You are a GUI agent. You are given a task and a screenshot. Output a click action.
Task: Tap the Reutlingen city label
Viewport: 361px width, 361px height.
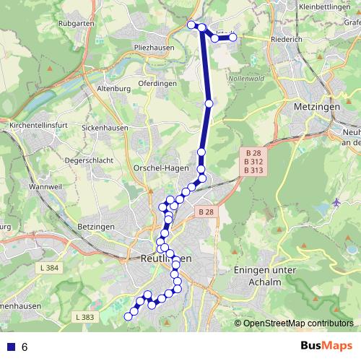pyautogui.click(x=167, y=258)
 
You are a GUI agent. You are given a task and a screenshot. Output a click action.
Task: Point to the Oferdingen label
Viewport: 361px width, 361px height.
pyautogui.click(x=157, y=83)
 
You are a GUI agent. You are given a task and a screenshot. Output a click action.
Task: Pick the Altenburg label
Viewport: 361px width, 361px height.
pyautogui.click(x=112, y=89)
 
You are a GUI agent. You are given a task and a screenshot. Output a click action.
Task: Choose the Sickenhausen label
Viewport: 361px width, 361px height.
pyautogui.click(x=105, y=128)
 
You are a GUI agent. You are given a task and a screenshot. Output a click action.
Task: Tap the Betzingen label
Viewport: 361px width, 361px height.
pyautogui.click(x=95, y=227)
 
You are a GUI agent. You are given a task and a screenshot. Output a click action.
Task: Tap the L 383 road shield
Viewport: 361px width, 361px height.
pyautogui.click(x=84, y=317)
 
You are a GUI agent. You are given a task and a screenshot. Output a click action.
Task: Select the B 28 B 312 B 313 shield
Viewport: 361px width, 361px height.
pyautogui.click(x=253, y=162)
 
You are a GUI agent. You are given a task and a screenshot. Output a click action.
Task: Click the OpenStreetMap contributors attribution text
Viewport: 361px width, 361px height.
pyautogui.click(x=298, y=323)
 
